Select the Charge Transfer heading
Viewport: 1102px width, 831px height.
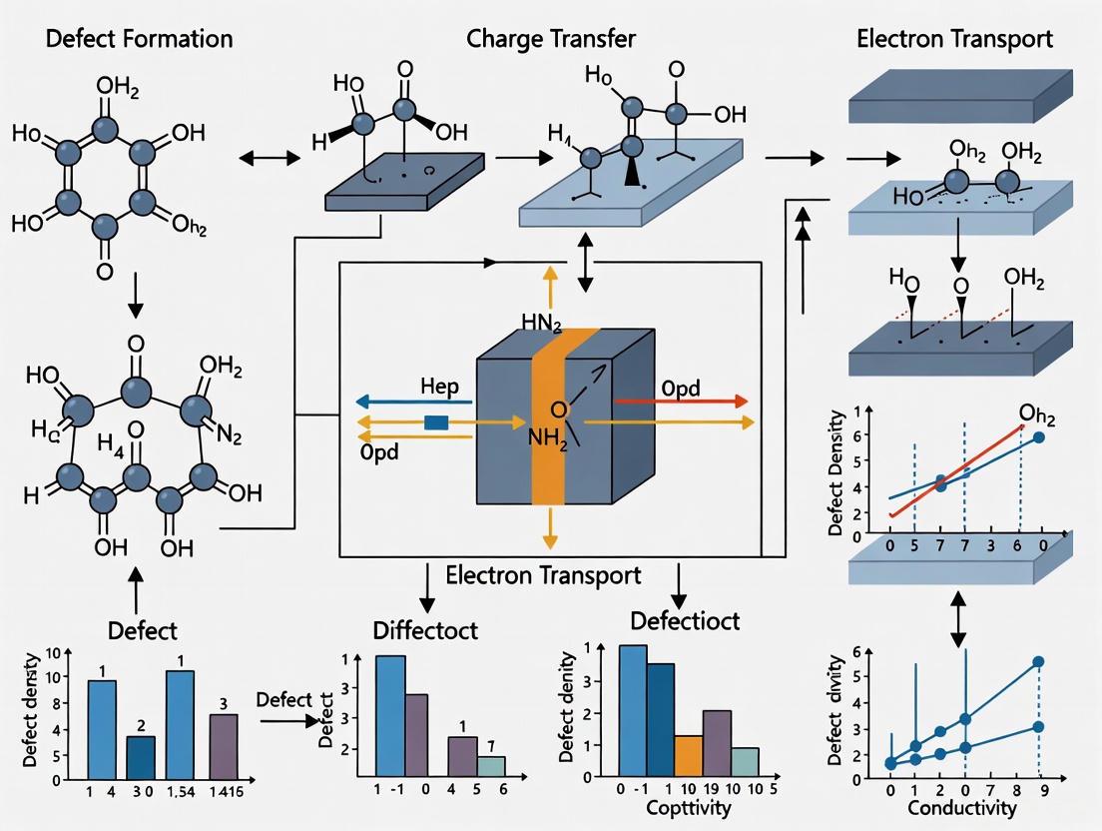tap(550, 39)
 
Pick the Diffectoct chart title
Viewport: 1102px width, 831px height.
tap(425, 630)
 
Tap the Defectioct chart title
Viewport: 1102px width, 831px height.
tap(686, 620)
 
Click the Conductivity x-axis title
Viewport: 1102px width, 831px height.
tap(963, 807)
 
